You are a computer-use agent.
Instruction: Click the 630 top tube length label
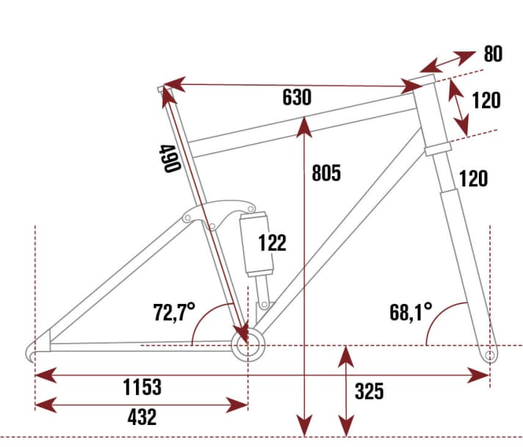pyautogui.click(x=297, y=97)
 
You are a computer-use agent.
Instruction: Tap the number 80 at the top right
pyautogui.click(x=493, y=54)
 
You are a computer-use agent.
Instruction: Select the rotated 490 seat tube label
pyautogui.click(x=169, y=158)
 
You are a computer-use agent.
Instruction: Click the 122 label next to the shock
pyautogui.click(x=272, y=243)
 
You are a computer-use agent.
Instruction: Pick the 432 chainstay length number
pyautogui.click(x=142, y=417)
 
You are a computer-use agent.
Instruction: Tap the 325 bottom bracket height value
pyautogui.click(x=369, y=391)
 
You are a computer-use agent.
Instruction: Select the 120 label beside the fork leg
pyautogui.click(x=473, y=178)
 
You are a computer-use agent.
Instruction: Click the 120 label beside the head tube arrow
pyautogui.click(x=486, y=100)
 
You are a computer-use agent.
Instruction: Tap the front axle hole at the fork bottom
pyautogui.click(x=490, y=355)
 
